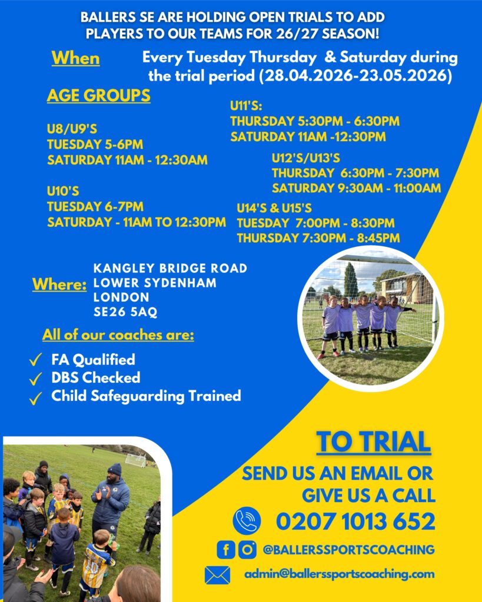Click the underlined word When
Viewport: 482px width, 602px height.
(x=76, y=58)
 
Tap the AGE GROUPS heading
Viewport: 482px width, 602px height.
(x=98, y=96)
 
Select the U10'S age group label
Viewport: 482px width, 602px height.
(x=63, y=191)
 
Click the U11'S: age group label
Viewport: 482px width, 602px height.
(x=246, y=106)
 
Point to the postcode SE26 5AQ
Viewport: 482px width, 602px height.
(x=125, y=312)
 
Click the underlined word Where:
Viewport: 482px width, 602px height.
(x=59, y=285)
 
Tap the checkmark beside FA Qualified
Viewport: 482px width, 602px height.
(x=35, y=360)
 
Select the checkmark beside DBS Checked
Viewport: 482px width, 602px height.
(x=35, y=379)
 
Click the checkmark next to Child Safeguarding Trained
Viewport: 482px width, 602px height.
(x=35, y=398)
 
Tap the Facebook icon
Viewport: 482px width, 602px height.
(x=225, y=550)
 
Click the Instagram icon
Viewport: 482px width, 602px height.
(x=247, y=550)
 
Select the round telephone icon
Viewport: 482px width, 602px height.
(x=247, y=521)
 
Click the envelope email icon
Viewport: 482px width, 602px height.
(x=218, y=575)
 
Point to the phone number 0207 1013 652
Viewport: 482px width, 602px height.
(x=355, y=521)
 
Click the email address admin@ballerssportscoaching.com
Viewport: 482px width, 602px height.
(x=340, y=574)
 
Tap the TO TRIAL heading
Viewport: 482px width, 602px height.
(x=373, y=442)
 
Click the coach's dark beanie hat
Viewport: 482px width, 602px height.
(x=114, y=469)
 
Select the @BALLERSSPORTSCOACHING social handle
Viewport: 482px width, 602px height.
(x=348, y=550)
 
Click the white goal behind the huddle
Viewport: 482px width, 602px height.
(x=136, y=460)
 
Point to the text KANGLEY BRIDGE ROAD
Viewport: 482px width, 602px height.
(x=170, y=268)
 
